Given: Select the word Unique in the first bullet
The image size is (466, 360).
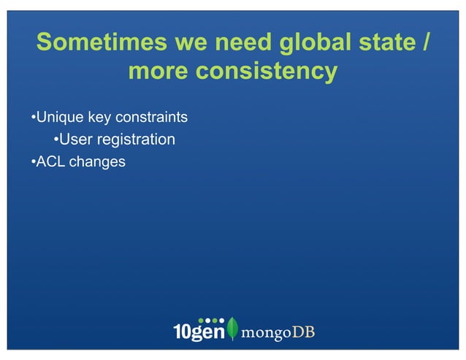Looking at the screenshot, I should pos(60,117).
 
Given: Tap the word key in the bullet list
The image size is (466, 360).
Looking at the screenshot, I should pos(101,117).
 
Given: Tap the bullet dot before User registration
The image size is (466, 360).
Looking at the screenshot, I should pos(56,139).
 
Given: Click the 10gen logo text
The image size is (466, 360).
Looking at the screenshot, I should pos(198,330).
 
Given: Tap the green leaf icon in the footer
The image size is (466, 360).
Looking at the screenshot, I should pos(232,329).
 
